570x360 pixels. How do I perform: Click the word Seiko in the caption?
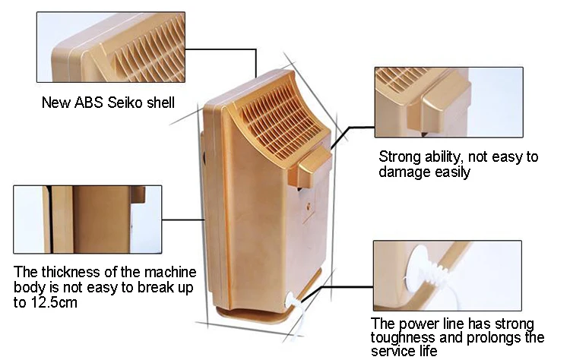125,103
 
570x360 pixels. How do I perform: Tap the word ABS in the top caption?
89,103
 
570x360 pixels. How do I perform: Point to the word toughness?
403,337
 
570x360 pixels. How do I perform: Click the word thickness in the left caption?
71,272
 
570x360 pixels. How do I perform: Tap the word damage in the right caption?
402,172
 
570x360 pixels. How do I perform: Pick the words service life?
404,351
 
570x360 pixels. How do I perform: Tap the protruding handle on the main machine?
310,166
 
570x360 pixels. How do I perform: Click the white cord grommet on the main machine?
293,301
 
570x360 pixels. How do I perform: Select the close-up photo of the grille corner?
111,47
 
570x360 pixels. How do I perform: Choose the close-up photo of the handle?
449,102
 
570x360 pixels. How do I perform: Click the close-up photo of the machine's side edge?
87,219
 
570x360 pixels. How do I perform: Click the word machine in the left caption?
170,272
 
